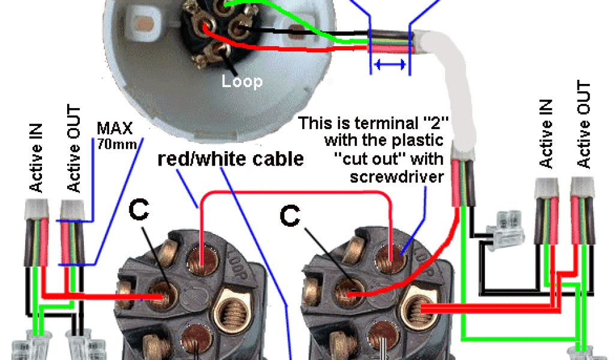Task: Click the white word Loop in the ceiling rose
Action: [x=242, y=80]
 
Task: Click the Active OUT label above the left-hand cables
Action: [x=74, y=149]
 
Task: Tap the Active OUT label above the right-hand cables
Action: [x=584, y=125]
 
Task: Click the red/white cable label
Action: [x=230, y=160]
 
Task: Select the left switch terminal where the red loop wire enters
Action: [x=201, y=260]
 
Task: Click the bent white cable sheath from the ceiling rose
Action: [x=456, y=90]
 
